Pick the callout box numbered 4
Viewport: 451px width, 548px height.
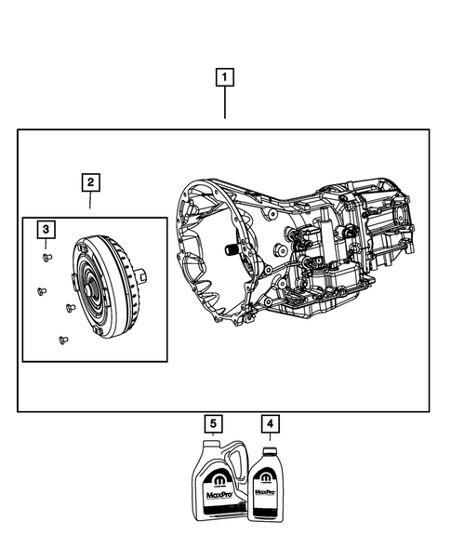point(270,425)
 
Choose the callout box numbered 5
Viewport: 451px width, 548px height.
point(214,425)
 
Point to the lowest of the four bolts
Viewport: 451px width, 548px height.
point(61,339)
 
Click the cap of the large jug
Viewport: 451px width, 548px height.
point(204,450)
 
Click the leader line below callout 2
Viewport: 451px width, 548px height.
point(89,203)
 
